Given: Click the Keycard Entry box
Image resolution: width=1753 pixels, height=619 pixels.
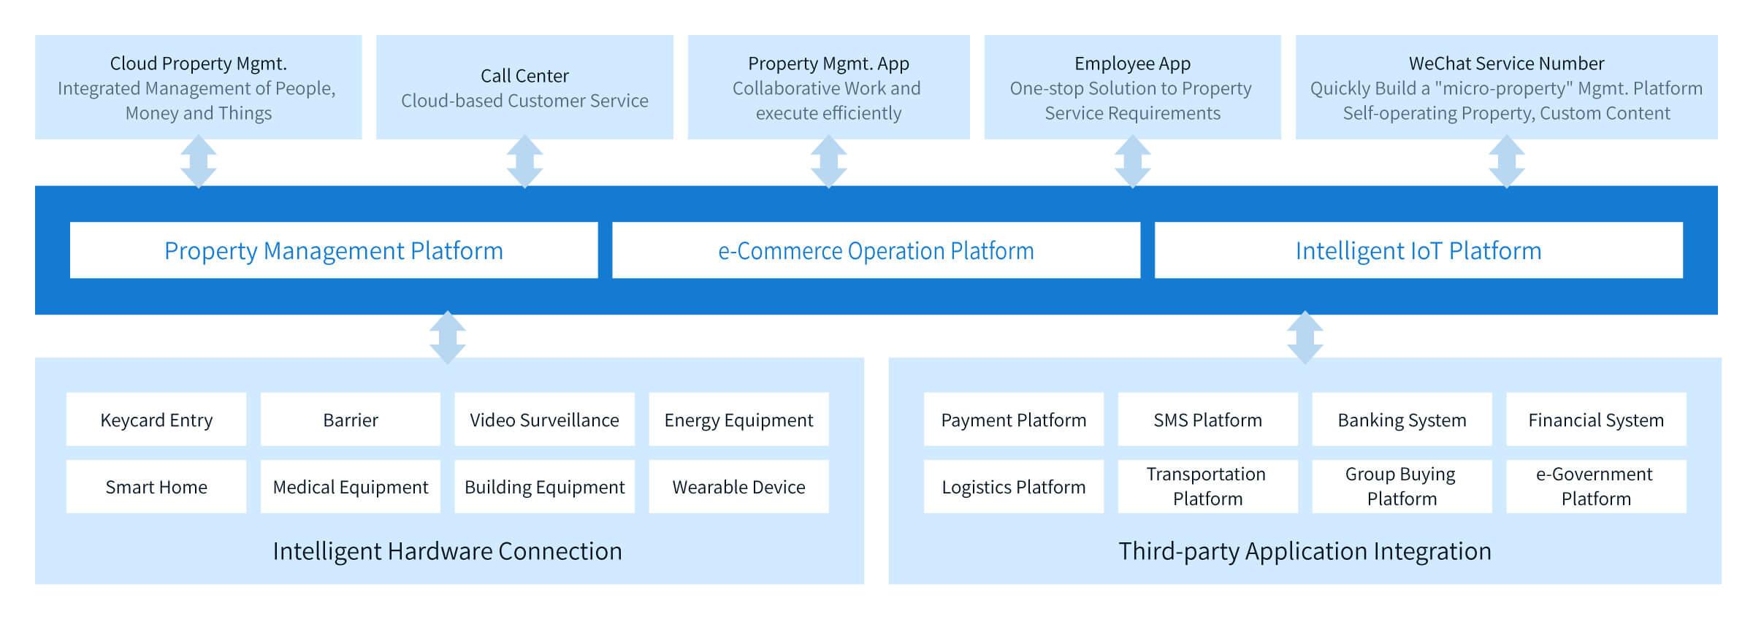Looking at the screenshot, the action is [x=156, y=420].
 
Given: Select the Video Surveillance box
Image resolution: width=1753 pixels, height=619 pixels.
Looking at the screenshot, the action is [x=545, y=420].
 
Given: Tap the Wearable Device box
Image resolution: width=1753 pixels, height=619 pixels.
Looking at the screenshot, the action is [x=739, y=487].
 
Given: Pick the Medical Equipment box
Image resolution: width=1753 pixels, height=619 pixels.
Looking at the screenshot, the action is [x=351, y=487].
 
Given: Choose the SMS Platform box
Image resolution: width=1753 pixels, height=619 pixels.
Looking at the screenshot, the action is [x=1208, y=420].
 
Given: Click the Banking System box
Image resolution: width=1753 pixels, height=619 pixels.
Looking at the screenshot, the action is [x=1402, y=420].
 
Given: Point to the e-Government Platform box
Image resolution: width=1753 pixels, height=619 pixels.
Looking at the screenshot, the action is [x=1597, y=487].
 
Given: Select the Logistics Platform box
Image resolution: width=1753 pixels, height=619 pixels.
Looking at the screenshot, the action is [x=1014, y=487].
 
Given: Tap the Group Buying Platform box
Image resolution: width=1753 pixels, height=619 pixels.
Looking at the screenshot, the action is [x=1402, y=487].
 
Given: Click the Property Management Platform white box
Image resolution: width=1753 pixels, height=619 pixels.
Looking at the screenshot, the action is [x=334, y=250].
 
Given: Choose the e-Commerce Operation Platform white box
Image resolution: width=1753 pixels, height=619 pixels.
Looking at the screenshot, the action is [x=876, y=250].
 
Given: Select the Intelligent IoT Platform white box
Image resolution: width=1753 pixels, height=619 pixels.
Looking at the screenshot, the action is [x=1418, y=250].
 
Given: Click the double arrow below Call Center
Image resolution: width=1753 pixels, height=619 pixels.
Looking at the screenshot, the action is [x=524, y=161].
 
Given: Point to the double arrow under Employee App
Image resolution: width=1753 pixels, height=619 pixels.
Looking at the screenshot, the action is [x=1133, y=161].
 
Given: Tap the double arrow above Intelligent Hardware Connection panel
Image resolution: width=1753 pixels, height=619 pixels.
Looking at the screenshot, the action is [x=448, y=337].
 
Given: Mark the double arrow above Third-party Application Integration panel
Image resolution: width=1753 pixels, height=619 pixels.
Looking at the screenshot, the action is [x=1305, y=337].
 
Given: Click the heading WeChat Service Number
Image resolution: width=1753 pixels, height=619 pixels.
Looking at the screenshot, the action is [x=1507, y=64].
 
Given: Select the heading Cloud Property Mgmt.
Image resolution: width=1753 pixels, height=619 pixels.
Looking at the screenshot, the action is [x=199, y=64].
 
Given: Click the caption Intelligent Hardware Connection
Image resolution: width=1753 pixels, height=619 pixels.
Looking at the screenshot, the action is [x=448, y=551].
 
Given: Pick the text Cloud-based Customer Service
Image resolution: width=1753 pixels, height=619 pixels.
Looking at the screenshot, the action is [x=524, y=101].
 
